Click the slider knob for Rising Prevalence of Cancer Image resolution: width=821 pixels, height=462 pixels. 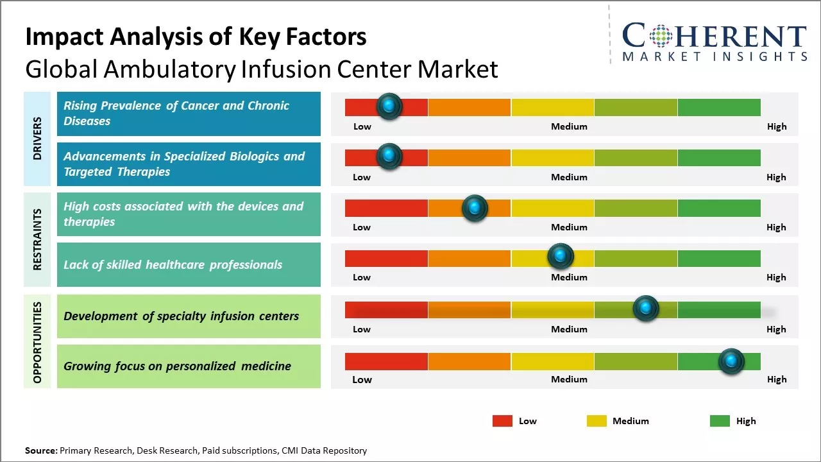[x=389, y=107]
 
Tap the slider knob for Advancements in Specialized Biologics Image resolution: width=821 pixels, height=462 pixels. [x=389, y=157]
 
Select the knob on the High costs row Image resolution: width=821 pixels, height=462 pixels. [x=475, y=208]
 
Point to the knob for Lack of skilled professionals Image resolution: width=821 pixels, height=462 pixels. [x=561, y=257]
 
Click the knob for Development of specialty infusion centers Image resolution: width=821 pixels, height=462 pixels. [x=646, y=309]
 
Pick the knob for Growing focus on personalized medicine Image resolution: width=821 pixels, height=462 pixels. [x=731, y=361]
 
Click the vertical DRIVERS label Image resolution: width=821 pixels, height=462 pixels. [x=37, y=138]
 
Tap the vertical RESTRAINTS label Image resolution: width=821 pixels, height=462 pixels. [x=37, y=239]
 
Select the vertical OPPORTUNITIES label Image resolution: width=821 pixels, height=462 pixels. [x=37, y=342]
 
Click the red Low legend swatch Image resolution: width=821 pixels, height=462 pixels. [x=502, y=421]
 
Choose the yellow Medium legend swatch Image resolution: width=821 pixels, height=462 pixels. [x=597, y=421]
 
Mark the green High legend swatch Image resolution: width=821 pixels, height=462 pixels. [x=720, y=421]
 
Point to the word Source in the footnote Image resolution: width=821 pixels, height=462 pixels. [x=41, y=450]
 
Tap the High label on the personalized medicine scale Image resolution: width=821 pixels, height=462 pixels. [x=776, y=379]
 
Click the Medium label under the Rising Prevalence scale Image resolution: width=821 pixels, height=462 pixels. [x=569, y=126]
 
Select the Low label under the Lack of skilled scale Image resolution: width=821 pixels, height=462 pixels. [x=362, y=277]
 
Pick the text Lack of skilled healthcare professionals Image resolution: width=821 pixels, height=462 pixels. [x=173, y=264]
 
